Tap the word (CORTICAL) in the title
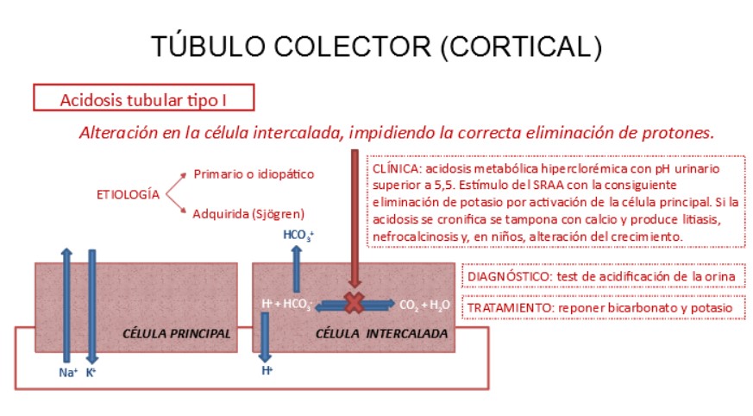tap(521, 46)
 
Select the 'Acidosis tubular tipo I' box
tap(143, 99)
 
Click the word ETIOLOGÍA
tap(127, 194)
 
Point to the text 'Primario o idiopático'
tap(254, 174)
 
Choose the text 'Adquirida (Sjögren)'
tap(249, 213)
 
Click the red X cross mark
tap(354, 303)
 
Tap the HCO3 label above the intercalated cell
tap(298, 235)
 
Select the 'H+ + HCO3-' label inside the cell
tap(286, 304)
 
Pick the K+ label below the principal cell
tap(91, 373)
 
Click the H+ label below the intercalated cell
tap(267, 370)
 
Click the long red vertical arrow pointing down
tap(354, 216)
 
